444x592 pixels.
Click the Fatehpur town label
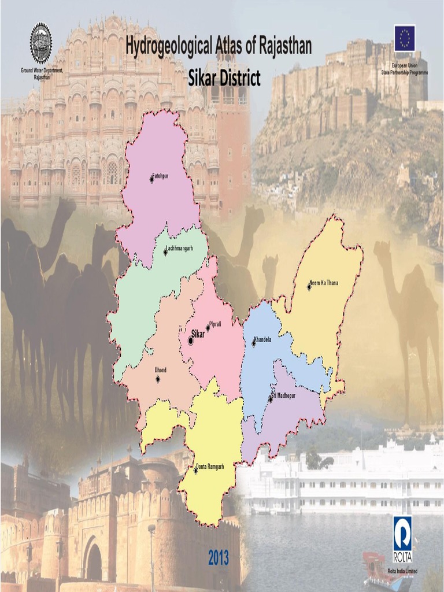[160, 175]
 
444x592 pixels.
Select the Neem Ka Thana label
[324, 283]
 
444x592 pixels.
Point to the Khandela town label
[262, 339]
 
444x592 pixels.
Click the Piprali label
[215, 324]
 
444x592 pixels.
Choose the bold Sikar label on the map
[198, 333]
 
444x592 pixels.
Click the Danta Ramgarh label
[209, 466]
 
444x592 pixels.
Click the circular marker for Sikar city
[191, 341]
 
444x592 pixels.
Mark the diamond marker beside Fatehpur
[152, 180]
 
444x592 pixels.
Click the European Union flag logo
[405, 38]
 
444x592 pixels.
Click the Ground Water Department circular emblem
[41, 43]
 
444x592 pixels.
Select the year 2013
[219, 558]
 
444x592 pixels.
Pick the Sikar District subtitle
[224, 77]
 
